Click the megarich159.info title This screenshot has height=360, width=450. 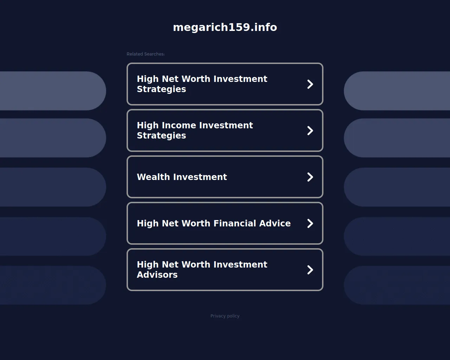coord(225,27)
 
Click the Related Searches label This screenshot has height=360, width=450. coord(146,54)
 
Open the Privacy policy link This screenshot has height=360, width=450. coord(225,316)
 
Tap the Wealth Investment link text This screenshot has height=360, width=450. coord(182,177)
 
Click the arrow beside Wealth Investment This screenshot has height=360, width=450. coord(310,177)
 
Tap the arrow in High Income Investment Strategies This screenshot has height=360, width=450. coord(310,130)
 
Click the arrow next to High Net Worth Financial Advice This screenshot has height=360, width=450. coord(310,223)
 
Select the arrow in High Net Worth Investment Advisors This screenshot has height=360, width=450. coord(310,270)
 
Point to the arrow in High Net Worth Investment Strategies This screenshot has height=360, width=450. coord(310,84)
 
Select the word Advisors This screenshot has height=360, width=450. coord(157,275)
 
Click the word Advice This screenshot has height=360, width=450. coord(275,223)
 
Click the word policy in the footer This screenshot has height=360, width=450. coord(233,316)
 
